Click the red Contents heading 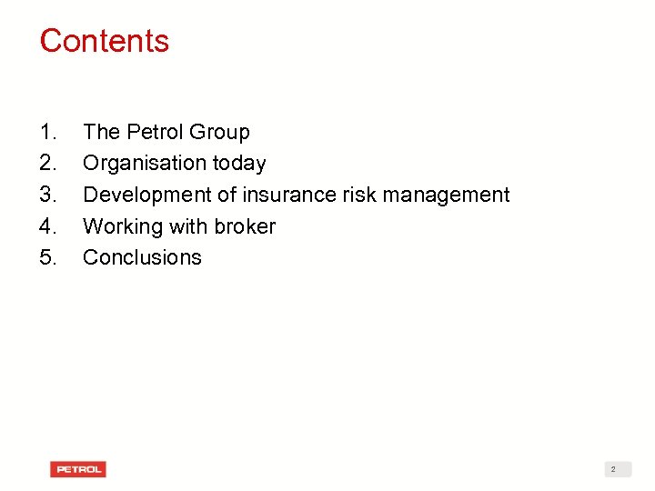click(104, 41)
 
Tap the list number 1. click(48, 132)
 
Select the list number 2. click(48, 164)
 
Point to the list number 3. click(48, 195)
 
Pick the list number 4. click(48, 226)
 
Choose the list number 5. click(48, 257)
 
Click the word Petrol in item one click(154, 132)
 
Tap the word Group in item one click(219, 133)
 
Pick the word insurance click(284, 195)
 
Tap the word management click(445, 195)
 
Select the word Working click(121, 226)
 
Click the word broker click(244, 226)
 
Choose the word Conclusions click(142, 257)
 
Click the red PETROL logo click(78, 469)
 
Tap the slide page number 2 click(613, 469)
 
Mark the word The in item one click(101, 132)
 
